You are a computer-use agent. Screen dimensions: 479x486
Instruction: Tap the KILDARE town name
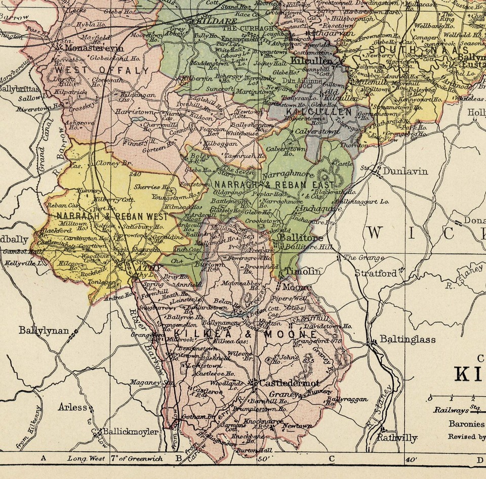coord(208,23)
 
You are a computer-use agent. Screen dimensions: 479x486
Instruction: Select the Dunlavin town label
coord(404,171)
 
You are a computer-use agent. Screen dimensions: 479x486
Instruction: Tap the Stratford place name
coord(375,274)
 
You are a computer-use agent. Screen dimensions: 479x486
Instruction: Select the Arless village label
coord(72,407)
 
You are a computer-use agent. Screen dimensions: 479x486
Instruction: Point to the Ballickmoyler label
coord(130,432)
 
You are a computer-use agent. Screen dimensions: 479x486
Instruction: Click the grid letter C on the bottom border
coord(332,459)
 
